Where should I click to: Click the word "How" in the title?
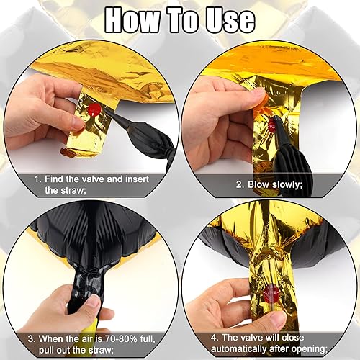pos(132,20)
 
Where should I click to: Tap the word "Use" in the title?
pos(230,20)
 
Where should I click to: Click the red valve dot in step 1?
pos(94,110)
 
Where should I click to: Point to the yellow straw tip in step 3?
pos(91,323)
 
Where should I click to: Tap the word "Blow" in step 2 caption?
pos(258,185)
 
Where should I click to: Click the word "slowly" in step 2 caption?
pos(287,185)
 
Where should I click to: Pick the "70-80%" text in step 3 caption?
pos(120,339)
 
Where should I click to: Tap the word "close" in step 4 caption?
pos(293,338)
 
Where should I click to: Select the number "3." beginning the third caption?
pos(32,339)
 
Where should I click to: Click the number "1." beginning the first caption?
pos(38,179)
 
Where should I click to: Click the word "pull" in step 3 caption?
pos(47,350)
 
